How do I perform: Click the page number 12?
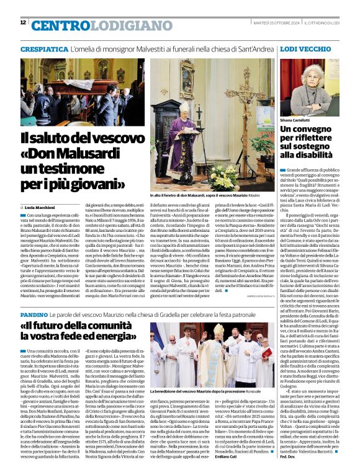click(x=23, y=22)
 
